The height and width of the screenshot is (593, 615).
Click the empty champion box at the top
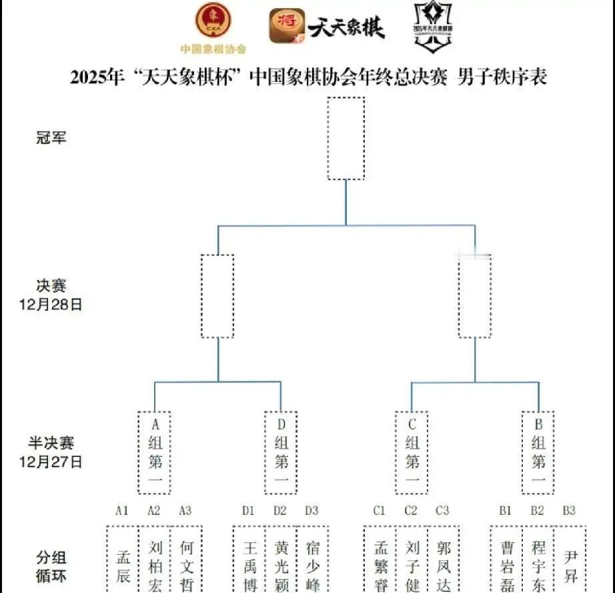(346, 138)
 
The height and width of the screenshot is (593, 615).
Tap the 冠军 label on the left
(51, 139)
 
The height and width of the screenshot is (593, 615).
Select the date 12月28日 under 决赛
(51, 305)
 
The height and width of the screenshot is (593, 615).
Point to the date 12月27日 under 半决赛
(51, 460)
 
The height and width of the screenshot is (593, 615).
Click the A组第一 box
(154, 452)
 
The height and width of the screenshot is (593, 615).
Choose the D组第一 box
(281, 452)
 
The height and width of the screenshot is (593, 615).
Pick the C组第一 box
(411, 452)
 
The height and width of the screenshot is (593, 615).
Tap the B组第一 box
(538, 452)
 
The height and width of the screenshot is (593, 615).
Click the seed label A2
(154, 511)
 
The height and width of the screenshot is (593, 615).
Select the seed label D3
(312, 511)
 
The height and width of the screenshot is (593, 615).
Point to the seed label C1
(379, 511)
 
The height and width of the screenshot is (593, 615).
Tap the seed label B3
(569, 511)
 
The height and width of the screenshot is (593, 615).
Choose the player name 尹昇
(570, 568)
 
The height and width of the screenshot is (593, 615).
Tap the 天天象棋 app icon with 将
(287, 26)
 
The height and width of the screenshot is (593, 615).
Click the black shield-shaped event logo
(433, 25)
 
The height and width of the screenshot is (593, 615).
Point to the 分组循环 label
(51, 566)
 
